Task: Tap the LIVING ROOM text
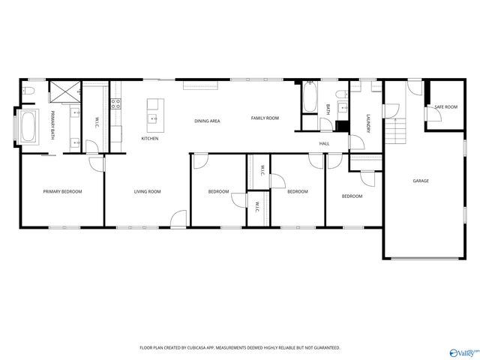coord(148,192)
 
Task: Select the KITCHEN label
coord(150,139)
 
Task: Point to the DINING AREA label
coord(207,121)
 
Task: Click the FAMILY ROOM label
coord(265,118)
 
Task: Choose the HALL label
coord(324,143)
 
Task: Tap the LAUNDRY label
coord(368,124)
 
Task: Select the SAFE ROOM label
coord(445,107)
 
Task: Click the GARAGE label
coord(421,181)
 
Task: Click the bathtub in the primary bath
coord(30,127)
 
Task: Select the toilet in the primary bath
coord(28,91)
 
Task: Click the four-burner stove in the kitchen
coord(116,104)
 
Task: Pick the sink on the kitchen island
coord(153,117)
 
